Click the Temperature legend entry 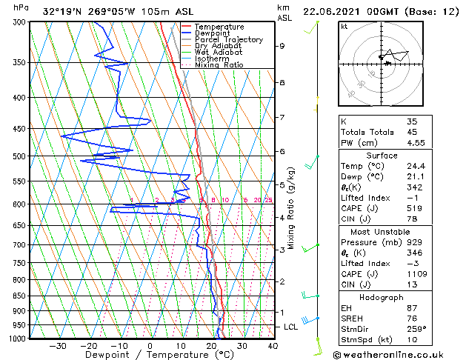218,27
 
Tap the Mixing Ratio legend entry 219,65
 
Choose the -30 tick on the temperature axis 57,345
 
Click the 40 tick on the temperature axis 273,345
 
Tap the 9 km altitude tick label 282,46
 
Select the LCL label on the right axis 291,327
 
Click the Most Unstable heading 381,232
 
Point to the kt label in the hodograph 344,27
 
